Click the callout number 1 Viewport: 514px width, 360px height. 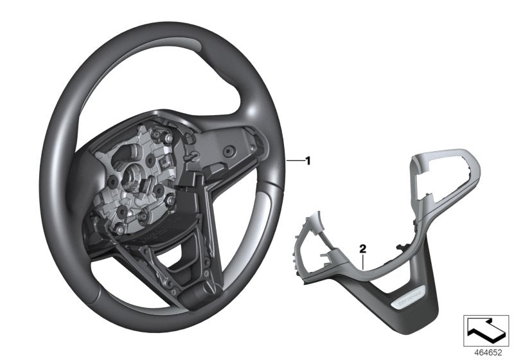tap(308, 143)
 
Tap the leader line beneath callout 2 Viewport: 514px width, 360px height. tap(364, 259)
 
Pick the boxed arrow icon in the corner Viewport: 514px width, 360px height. tap(486, 332)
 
